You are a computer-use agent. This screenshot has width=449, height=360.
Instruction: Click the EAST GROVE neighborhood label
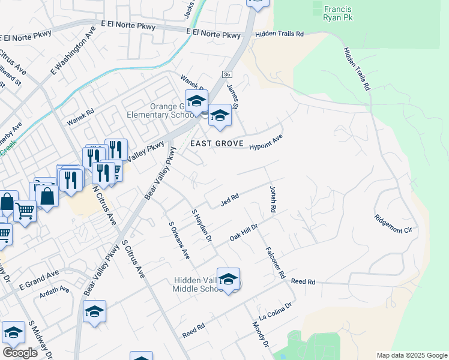pyautogui.click(x=217, y=144)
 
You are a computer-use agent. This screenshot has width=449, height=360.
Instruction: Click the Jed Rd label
pyautogui.click(x=230, y=199)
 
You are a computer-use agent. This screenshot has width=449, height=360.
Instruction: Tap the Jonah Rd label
pyautogui.click(x=273, y=200)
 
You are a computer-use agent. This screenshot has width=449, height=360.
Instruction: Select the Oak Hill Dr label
pyautogui.click(x=244, y=233)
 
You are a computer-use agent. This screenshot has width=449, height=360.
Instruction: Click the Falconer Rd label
pyautogui.click(x=275, y=262)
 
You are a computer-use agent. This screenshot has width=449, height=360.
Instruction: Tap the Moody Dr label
pyautogui.click(x=261, y=335)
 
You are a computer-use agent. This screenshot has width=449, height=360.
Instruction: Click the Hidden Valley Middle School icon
pyautogui.click(x=228, y=279)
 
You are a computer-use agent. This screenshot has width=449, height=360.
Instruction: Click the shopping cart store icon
pyautogui.click(x=25, y=211)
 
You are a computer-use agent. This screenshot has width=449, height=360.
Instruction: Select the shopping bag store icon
pyautogui.click(x=47, y=194)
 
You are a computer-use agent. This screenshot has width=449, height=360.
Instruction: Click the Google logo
pyautogui.click(x=20, y=353)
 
